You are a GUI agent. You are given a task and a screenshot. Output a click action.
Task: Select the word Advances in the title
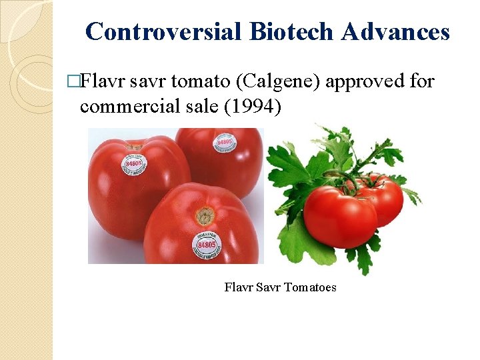395,31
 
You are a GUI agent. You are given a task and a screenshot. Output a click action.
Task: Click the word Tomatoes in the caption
311,287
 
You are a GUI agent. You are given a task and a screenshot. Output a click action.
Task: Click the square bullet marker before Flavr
82,83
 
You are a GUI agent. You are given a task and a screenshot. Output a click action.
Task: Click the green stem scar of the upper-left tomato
135,143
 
